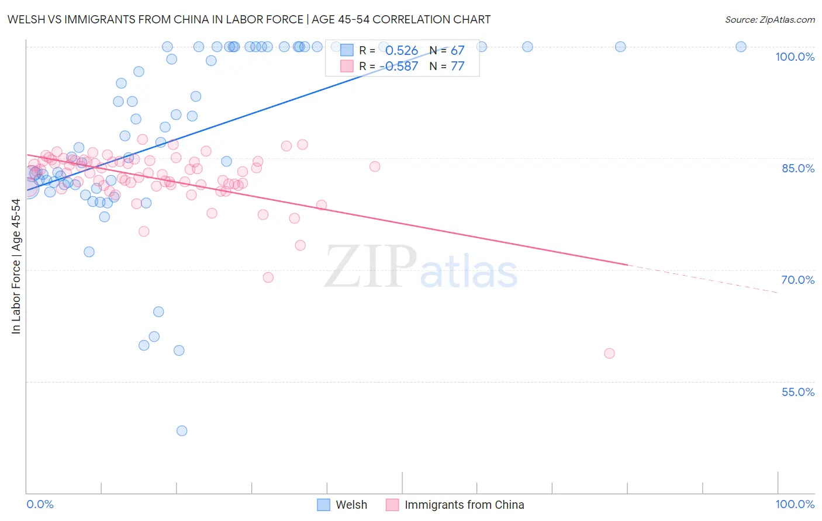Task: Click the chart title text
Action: [248, 19]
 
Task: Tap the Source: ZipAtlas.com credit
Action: [769, 19]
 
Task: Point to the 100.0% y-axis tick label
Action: [795, 57]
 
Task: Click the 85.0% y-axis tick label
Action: [797, 168]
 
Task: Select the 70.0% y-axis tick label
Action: [797, 280]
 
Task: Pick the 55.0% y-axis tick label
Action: [797, 392]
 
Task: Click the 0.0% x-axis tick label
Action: [40, 504]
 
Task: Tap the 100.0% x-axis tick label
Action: [795, 504]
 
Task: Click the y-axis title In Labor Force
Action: [16, 266]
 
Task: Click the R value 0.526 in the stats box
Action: [401, 51]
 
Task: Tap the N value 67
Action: [457, 51]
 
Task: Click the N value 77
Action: [457, 66]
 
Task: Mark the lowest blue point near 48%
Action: [182, 431]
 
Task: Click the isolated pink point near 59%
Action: [609, 353]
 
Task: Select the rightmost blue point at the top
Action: [741, 47]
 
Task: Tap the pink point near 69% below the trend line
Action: [268, 277]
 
